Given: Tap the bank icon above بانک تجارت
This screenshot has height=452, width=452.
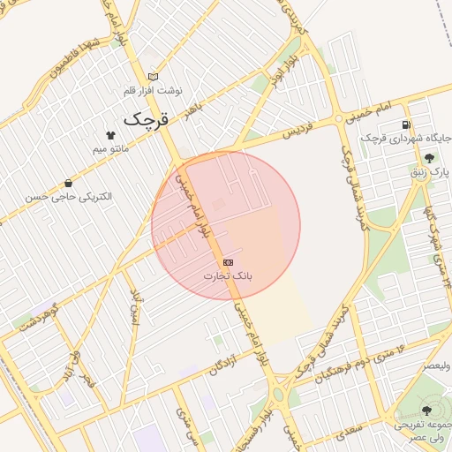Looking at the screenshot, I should click(x=229, y=262).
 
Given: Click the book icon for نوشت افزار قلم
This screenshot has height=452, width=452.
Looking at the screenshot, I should click(x=153, y=78).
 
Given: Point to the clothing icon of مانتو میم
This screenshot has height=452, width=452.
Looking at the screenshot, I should click(x=110, y=135).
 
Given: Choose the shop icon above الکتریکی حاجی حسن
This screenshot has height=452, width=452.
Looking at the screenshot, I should click(x=68, y=184).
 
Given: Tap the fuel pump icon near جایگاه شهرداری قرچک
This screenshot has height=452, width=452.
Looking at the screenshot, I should click(x=405, y=124).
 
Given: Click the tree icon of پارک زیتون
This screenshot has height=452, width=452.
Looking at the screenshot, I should click(x=428, y=157).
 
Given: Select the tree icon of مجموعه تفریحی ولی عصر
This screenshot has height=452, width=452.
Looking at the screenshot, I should click(x=427, y=410).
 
